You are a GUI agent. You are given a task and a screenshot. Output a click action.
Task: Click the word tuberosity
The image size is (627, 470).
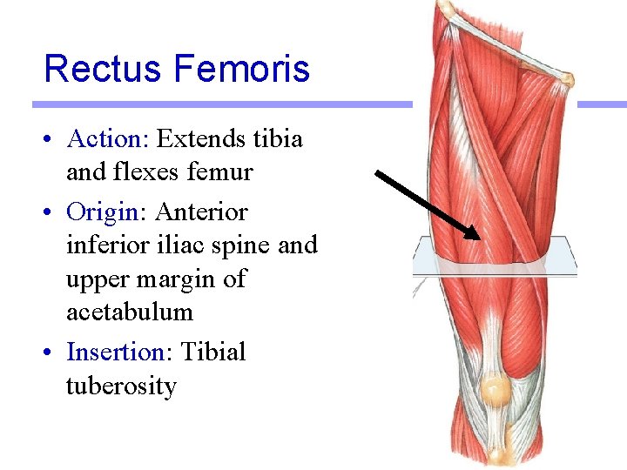[x=121, y=386]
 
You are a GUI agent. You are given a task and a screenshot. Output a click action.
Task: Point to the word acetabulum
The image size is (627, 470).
[x=129, y=312]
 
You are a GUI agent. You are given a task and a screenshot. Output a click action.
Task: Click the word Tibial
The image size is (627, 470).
[x=213, y=352]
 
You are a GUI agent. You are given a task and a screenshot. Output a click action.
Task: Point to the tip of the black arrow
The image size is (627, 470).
[x=480, y=238]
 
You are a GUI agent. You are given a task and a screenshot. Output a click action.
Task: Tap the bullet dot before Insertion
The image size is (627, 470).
[x=53, y=353]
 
